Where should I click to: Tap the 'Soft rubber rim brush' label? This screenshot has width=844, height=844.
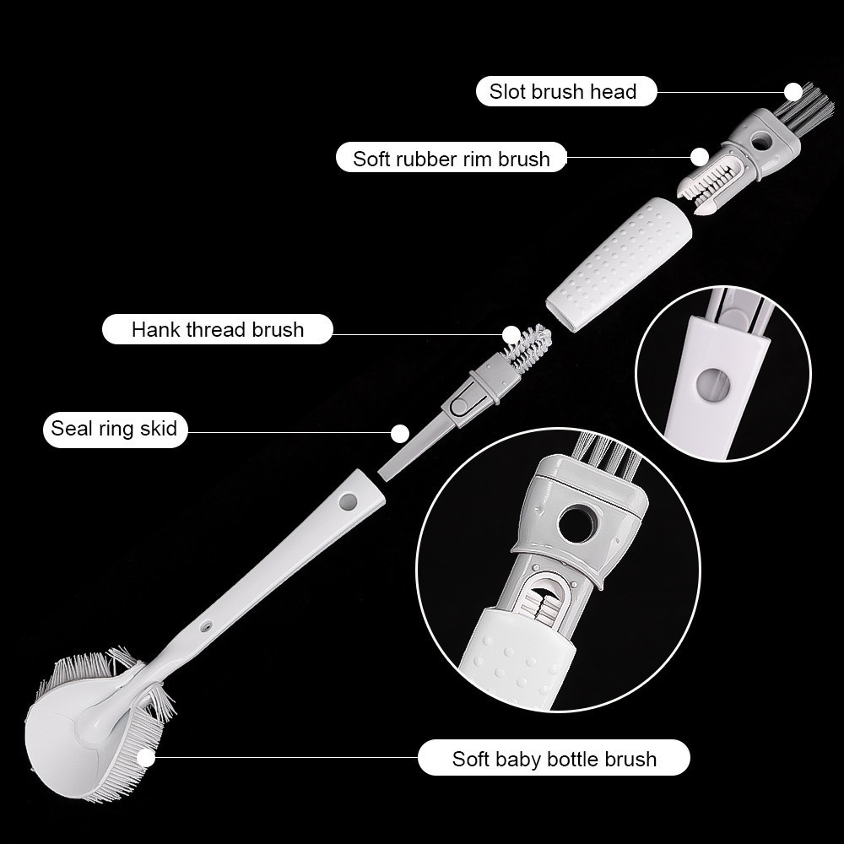pyautogui.click(x=451, y=159)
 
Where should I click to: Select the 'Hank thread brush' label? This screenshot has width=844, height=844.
pyautogui.click(x=218, y=329)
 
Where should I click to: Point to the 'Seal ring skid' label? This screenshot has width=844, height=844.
pyautogui.click(x=115, y=429)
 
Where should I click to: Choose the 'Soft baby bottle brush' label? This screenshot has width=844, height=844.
pyautogui.click(x=554, y=758)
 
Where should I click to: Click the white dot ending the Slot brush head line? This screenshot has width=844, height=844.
pyautogui.click(x=793, y=91)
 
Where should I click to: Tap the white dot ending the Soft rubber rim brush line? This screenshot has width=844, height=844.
pyautogui.click(x=700, y=157)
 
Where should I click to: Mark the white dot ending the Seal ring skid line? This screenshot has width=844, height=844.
pyautogui.click(x=399, y=433)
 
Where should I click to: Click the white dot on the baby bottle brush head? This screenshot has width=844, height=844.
pyautogui.click(x=145, y=758)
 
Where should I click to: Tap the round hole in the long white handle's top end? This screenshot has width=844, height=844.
pyautogui.click(x=348, y=503)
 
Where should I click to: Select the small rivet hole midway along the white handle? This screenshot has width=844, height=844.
pyautogui.click(x=206, y=626)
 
